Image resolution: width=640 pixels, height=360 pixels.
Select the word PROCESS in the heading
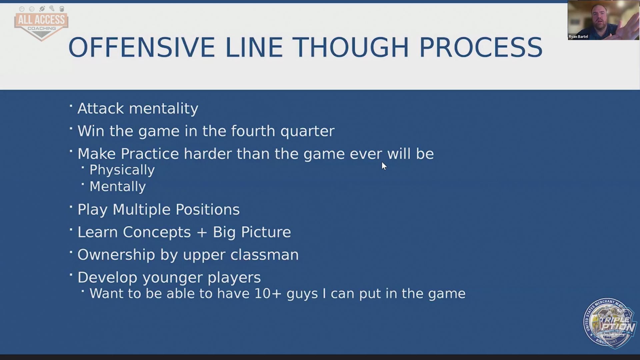coord(481,47)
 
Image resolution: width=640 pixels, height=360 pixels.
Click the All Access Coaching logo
coord(41,23)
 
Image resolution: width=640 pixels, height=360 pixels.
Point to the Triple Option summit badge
coord(610,323)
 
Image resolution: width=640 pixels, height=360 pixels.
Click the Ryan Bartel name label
coord(578,37)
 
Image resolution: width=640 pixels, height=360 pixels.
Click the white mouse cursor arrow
coord(384,166)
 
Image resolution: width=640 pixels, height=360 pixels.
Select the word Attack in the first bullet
coord(101,108)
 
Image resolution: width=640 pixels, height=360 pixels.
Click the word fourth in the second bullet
coord(253,131)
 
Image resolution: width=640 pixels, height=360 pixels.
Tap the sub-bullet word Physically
coord(122,170)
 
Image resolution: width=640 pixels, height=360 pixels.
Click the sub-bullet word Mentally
coord(118,187)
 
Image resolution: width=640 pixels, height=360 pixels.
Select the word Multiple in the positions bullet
coord(141,210)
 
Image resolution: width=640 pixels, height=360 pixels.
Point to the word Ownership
coord(116,255)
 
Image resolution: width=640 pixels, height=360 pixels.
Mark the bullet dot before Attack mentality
coord(71,106)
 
